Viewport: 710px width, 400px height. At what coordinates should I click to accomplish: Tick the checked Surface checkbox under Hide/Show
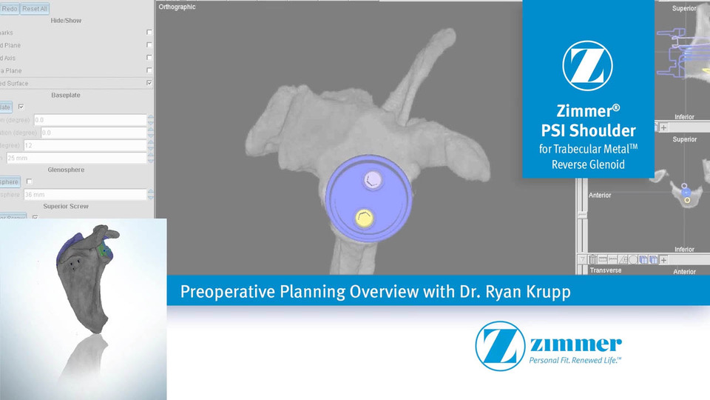[149, 83]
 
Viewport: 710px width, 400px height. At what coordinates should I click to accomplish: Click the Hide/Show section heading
[66, 21]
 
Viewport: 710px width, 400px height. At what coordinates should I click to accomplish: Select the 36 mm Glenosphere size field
[74, 195]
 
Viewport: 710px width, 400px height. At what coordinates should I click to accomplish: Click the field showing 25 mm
[74, 158]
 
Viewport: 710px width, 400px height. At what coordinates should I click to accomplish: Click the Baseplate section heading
[66, 95]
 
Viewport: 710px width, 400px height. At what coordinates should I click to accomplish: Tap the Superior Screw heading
[66, 206]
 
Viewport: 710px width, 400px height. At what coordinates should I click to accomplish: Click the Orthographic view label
[177, 7]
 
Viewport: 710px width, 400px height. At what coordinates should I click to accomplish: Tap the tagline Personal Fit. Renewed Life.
[574, 360]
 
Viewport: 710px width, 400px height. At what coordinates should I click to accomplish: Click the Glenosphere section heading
[66, 170]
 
